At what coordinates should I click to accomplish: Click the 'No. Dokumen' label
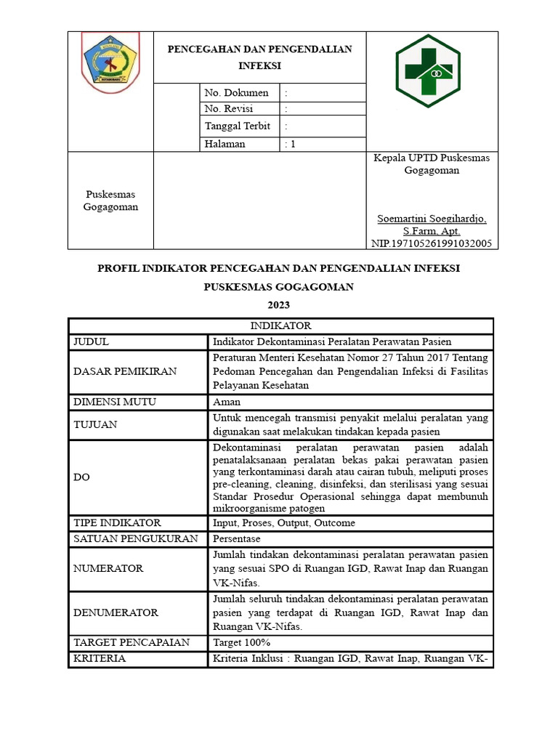click(236, 93)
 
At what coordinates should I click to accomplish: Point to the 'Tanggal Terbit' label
click(237, 126)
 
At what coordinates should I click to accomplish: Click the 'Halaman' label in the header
click(225, 144)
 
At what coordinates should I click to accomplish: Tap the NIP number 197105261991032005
click(432, 243)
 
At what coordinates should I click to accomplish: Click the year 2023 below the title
click(278, 305)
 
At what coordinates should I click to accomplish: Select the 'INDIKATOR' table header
click(280, 326)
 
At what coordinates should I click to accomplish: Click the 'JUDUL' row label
click(91, 341)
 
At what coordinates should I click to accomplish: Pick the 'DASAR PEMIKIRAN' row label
click(125, 371)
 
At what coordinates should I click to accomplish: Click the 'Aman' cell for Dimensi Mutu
click(227, 402)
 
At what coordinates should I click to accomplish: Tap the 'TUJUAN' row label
click(95, 424)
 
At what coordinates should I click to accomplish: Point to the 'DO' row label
click(81, 478)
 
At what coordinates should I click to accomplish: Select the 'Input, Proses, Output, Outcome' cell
click(284, 523)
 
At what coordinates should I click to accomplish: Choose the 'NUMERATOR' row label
click(108, 568)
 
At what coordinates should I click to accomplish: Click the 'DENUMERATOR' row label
click(116, 612)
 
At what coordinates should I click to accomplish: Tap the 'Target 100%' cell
click(241, 642)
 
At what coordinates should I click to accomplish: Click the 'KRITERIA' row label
click(100, 658)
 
